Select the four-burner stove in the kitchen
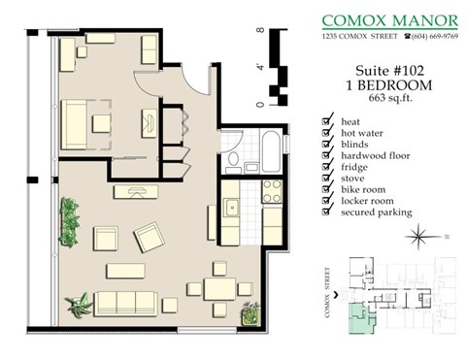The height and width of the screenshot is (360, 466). pyautogui.click(x=271, y=189)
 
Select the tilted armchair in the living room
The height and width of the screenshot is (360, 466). pyautogui.click(x=150, y=235)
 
